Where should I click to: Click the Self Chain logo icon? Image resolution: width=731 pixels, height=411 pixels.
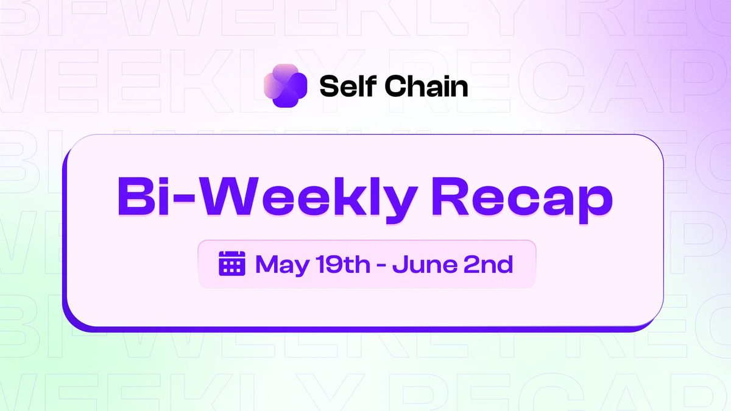tap(285, 86)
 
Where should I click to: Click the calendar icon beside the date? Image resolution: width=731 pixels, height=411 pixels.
tap(231, 264)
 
